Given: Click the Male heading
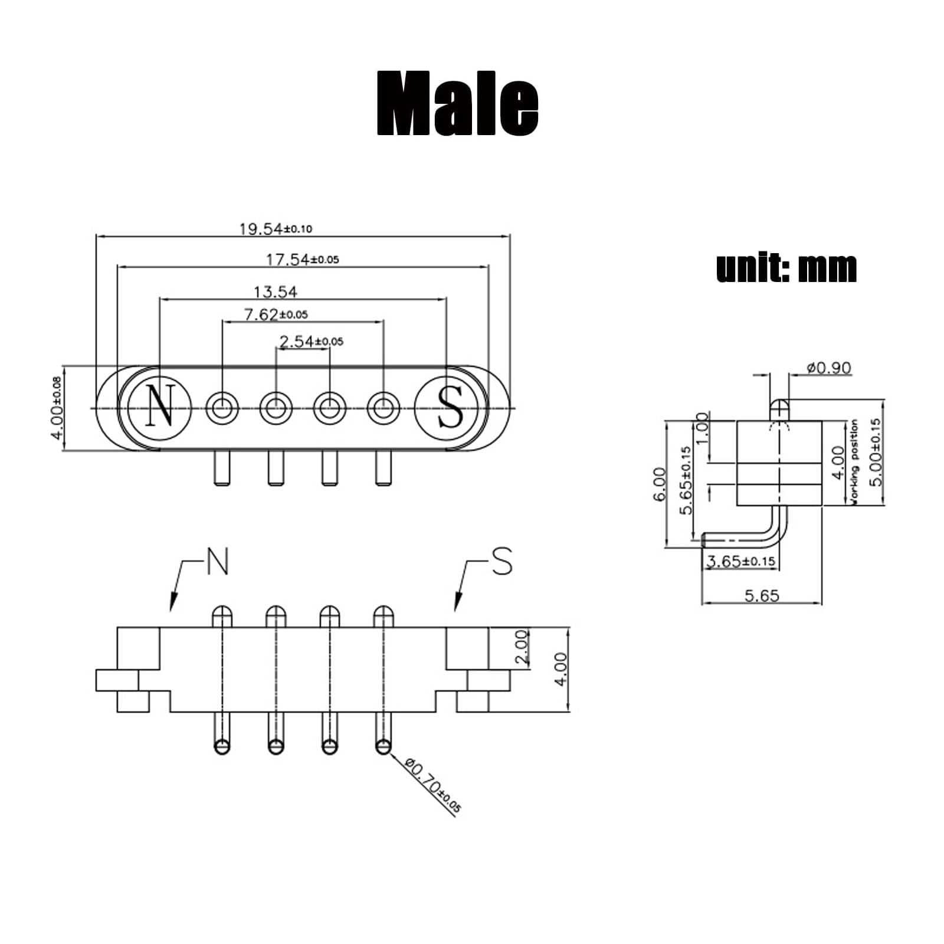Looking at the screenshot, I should pos(457,104).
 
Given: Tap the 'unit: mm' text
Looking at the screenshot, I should pos(786,268).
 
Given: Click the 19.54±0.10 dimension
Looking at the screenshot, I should pos(276,228).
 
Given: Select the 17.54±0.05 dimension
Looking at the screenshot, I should pos(302,259).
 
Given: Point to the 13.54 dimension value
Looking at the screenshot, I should pos(276,291).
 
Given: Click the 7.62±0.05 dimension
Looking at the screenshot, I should pos(276,314).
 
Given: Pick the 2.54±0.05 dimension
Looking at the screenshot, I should pos(311,341).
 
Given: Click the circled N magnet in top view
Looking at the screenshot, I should pos(160,407).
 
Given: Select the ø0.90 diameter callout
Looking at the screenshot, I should pos(829,368).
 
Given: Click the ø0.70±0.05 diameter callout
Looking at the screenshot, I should pos(433,786).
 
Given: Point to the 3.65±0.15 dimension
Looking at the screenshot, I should pos(741,561).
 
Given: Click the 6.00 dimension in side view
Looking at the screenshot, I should pos(660,484).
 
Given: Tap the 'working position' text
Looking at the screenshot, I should pos(853,461).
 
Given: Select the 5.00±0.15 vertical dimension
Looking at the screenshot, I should pos(876,452).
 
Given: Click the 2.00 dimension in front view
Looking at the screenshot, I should pos(521,647).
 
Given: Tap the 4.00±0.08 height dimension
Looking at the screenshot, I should pos(56,408).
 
